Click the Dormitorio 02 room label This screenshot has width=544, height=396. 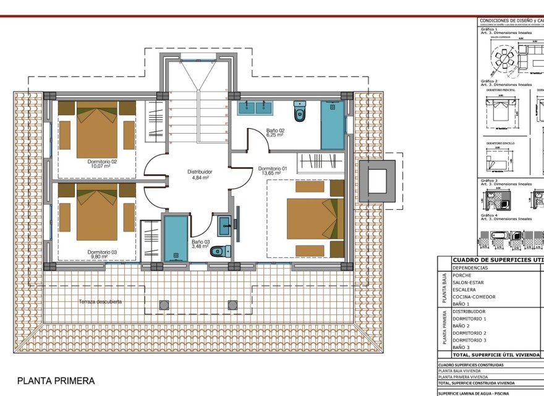pos(98,163)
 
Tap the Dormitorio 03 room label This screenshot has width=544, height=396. pos(98,254)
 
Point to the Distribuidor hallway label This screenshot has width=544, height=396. pos(200,174)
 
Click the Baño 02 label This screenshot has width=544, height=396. pos(275,132)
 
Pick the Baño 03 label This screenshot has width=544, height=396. pos(200,244)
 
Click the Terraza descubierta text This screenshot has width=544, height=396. pos(100,302)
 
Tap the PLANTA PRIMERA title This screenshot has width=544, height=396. pos(56,381)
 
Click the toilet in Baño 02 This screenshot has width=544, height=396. pos(300,112)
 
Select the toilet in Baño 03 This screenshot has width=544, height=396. pos(220,251)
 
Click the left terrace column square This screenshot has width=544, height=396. pos(164,304)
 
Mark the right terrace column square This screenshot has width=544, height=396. pos(232,304)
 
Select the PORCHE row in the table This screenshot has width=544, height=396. pos(462,275)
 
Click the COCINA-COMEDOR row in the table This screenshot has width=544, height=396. pos(474,297)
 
